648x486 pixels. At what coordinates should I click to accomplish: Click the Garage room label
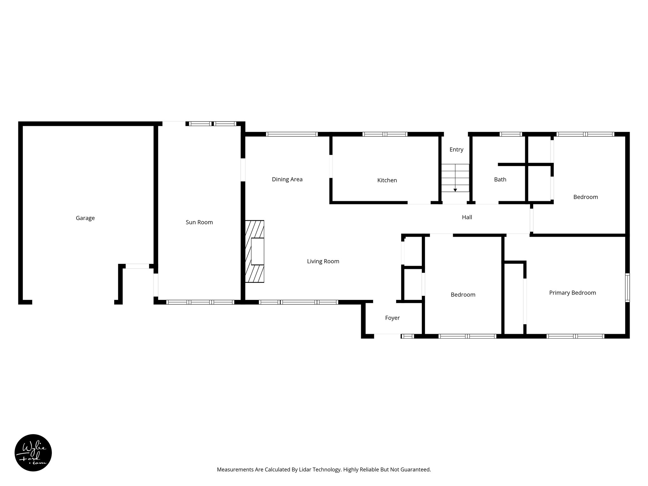(x=85, y=218)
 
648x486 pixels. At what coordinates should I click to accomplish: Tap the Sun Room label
(x=199, y=222)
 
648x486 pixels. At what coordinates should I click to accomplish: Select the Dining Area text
(x=287, y=179)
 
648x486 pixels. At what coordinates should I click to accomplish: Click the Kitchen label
(x=387, y=180)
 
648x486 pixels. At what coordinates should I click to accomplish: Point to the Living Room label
(x=323, y=261)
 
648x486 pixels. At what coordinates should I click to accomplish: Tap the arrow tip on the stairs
(x=455, y=190)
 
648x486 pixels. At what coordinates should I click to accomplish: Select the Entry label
(x=456, y=150)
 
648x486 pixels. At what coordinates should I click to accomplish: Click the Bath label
(x=500, y=180)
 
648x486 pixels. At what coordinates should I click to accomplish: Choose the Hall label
(x=467, y=217)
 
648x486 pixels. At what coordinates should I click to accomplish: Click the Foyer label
(x=392, y=318)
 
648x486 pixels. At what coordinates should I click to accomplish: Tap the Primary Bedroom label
(x=572, y=293)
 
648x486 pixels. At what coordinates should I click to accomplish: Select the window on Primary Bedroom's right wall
(x=627, y=288)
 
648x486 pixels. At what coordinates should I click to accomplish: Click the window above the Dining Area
(x=292, y=134)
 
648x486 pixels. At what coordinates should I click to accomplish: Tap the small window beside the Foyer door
(x=408, y=336)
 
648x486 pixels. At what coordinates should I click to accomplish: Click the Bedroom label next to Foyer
(x=463, y=295)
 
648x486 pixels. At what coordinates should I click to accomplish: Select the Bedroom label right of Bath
(x=585, y=197)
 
